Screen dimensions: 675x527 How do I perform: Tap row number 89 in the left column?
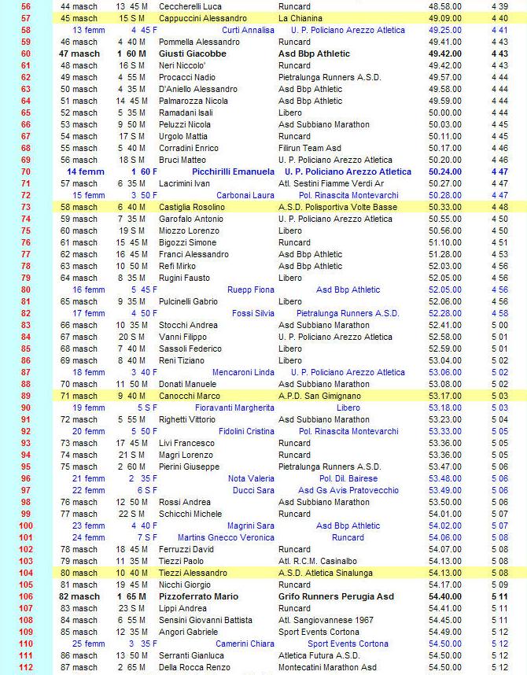26,396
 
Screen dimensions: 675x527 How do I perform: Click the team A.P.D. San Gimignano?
319,396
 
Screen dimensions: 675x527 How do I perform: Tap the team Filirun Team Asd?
310,148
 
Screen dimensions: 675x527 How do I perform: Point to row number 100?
26,526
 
